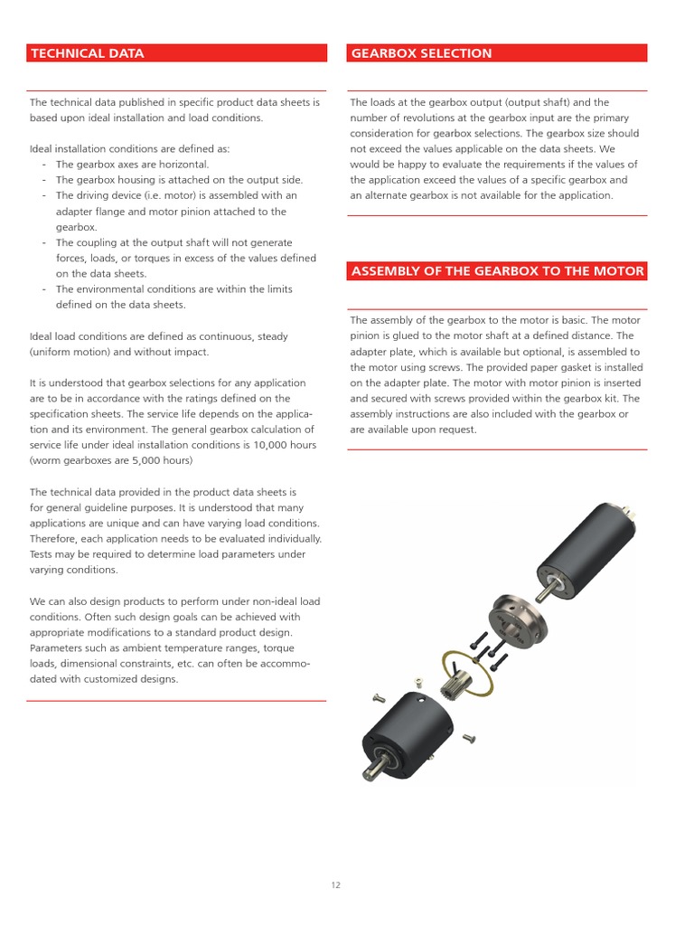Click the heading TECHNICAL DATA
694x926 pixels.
pyautogui.click(x=87, y=53)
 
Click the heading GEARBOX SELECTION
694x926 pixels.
pyautogui.click(x=421, y=53)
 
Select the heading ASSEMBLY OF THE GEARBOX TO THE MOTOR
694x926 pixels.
pyautogui.click(x=497, y=271)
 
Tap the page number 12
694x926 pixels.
pyautogui.click(x=335, y=885)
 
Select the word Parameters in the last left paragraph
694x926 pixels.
pyautogui.click(x=59, y=648)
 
